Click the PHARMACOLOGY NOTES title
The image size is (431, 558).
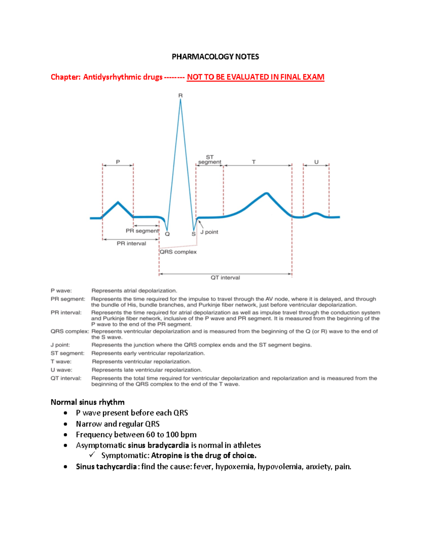[215, 57]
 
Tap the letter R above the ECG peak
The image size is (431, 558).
[180, 96]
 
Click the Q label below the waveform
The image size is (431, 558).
[167, 234]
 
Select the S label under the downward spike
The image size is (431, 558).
[194, 234]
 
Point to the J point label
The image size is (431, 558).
[209, 232]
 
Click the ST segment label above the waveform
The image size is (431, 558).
[210, 160]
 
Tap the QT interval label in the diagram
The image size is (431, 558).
[225, 278]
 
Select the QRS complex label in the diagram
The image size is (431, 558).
[178, 252]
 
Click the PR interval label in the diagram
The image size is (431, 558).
[131, 244]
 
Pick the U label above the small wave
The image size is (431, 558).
[316, 162]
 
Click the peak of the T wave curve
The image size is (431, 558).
[267, 194]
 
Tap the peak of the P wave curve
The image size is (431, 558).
[118, 203]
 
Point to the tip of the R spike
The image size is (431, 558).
[180, 100]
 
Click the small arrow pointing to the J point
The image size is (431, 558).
[201, 225]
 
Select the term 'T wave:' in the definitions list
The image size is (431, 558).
[61, 361]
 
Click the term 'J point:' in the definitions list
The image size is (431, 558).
[60, 345]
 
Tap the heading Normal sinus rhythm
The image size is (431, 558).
[88, 402]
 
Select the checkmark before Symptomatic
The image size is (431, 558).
[92, 455]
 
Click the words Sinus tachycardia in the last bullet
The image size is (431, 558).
[106, 467]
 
